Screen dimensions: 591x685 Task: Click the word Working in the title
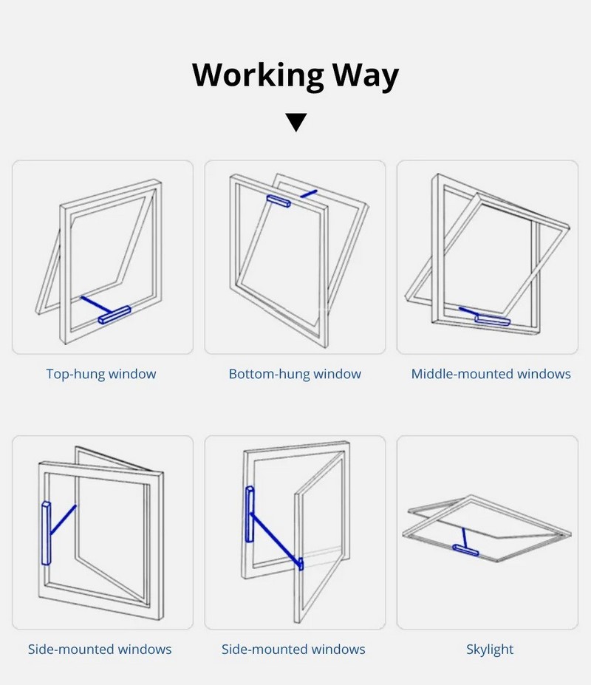pyautogui.click(x=258, y=75)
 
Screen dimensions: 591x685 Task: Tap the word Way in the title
pyautogui.click(x=366, y=75)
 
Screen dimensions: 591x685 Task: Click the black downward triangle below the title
pyautogui.click(x=295, y=123)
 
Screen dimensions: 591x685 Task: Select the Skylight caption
pyautogui.click(x=490, y=650)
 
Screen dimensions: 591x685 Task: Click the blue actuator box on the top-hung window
pyautogui.click(x=115, y=315)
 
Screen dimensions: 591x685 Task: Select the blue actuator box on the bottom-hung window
pyautogui.click(x=279, y=201)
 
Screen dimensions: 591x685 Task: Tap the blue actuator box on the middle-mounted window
pyautogui.click(x=493, y=320)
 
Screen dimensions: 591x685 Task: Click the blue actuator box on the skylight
pyautogui.click(x=465, y=550)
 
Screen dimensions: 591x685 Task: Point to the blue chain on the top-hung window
pyautogui.click(x=97, y=304)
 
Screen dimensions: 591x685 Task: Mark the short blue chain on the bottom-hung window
pyautogui.click(x=309, y=194)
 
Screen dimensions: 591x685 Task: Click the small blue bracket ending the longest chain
pyautogui.click(x=301, y=564)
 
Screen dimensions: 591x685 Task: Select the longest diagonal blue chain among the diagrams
pyautogui.click(x=275, y=538)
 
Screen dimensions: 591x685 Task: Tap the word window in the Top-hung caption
pyautogui.click(x=132, y=374)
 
